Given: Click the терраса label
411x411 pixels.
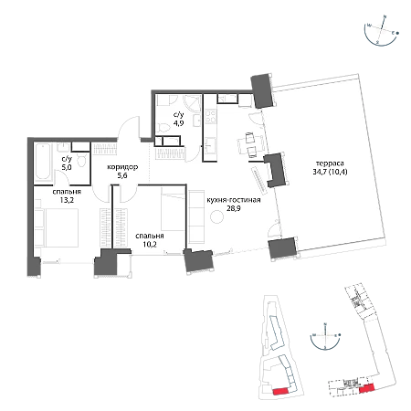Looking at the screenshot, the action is [330, 163].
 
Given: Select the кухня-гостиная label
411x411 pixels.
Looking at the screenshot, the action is [234, 200].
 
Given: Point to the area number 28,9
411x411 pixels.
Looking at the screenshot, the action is [234, 208].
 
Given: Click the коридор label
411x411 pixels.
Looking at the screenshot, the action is [122, 167].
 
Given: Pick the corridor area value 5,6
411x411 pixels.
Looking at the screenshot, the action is [121, 175].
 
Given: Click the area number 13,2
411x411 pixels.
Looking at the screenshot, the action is [67, 200].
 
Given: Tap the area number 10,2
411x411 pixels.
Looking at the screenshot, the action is [150, 244].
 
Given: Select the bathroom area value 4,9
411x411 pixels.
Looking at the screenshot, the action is [178, 123].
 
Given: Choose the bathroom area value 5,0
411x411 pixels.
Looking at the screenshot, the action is [67, 167].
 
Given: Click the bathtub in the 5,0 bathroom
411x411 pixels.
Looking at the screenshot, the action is [43, 163].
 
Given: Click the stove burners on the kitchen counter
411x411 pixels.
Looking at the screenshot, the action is [210, 117].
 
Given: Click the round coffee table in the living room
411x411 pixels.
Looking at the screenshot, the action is [217, 217].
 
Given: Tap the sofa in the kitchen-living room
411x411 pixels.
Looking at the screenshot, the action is [196, 216].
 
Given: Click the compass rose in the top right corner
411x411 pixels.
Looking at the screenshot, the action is [382, 30].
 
